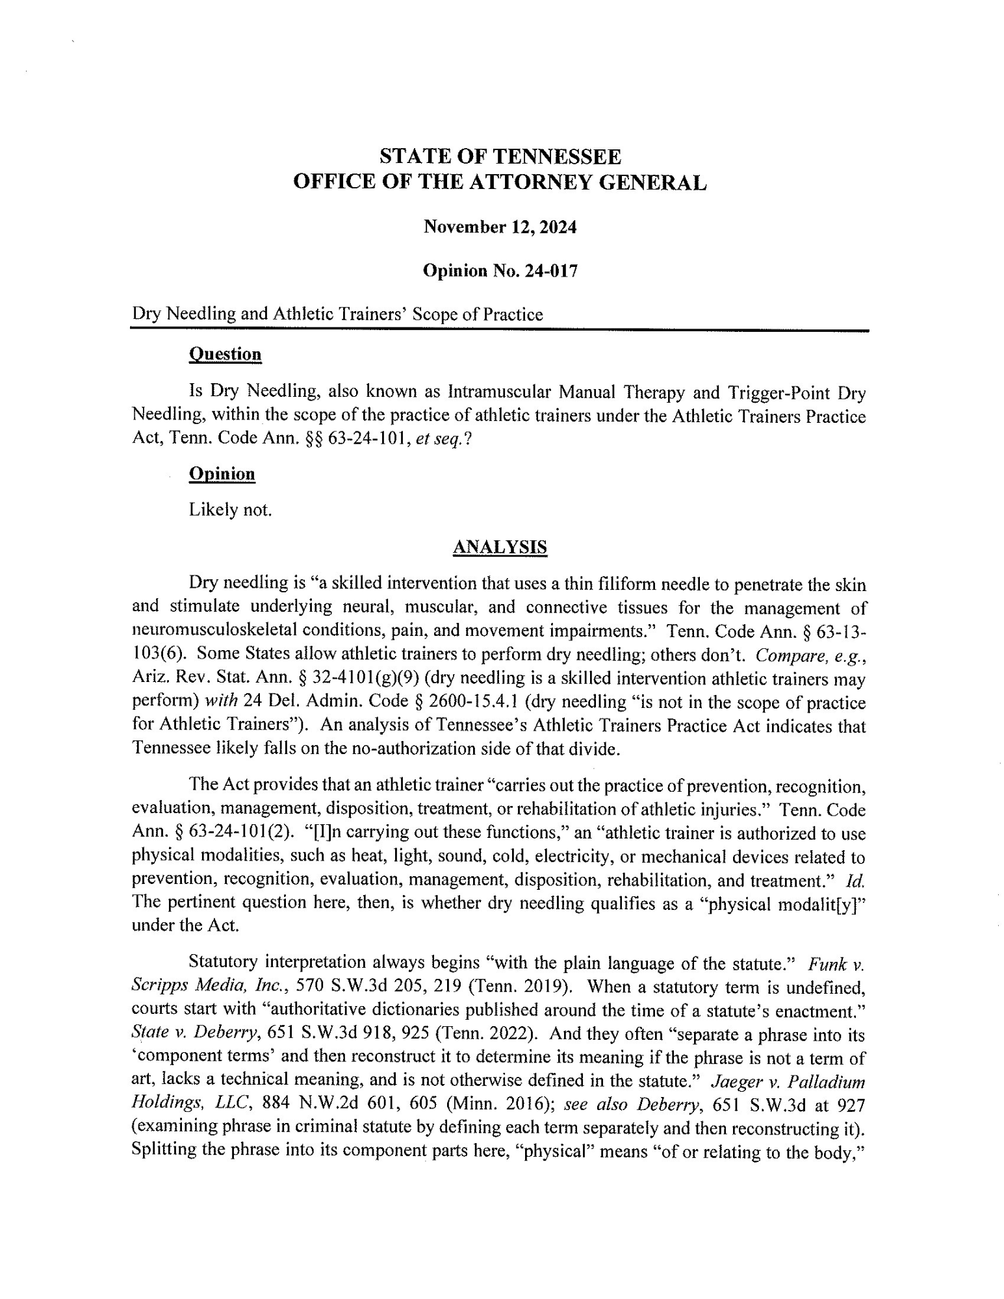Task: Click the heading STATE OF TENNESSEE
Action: pyautogui.click(x=500, y=157)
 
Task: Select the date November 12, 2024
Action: pyautogui.click(x=500, y=227)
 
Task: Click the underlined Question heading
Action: pyautogui.click(x=225, y=355)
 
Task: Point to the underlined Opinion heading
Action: pyautogui.click(x=222, y=474)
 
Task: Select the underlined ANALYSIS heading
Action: pyautogui.click(x=500, y=548)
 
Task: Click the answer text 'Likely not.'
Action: pyautogui.click(x=230, y=510)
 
